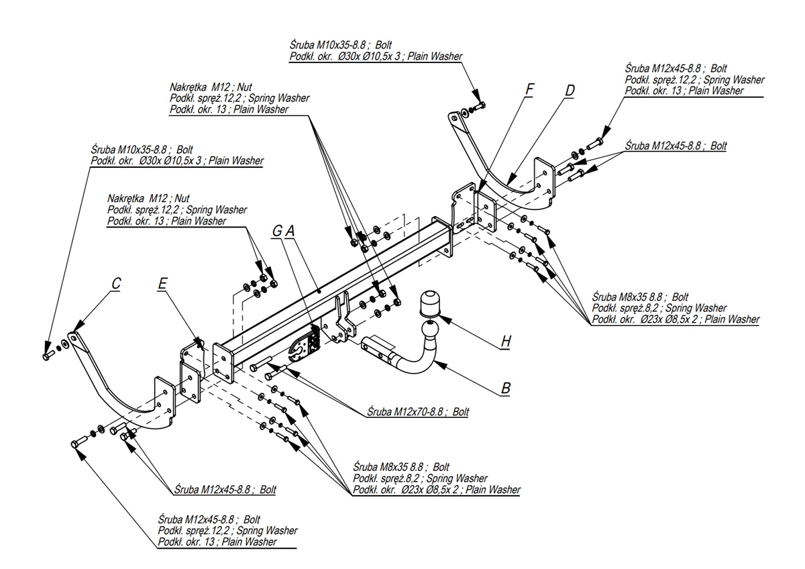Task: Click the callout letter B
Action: click(x=506, y=387)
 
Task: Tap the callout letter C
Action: click(x=116, y=284)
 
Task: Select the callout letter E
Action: click(x=162, y=284)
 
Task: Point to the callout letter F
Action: click(x=529, y=89)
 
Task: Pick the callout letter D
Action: click(x=570, y=91)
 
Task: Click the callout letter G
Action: click(x=277, y=231)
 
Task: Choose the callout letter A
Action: click(x=290, y=231)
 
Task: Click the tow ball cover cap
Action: click(x=429, y=303)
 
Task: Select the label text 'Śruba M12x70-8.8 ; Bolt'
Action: click(x=418, y=411)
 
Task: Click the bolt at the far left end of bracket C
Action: click(x=48, y=354)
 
